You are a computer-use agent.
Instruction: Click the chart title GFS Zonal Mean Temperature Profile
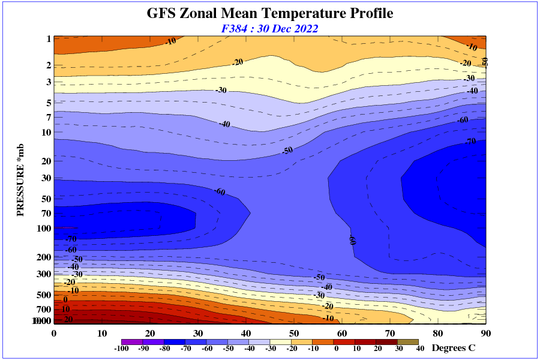(x=270, y=13)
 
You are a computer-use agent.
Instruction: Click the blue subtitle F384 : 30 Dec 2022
(x=270, y=28)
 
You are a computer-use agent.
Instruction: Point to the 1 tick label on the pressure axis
(x=48, y=39)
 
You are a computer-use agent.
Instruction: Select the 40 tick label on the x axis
(x=246, y=334)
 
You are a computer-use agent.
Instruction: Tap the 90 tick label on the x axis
(x=486, y=334)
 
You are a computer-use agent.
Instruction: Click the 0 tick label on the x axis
(x=54, y=334)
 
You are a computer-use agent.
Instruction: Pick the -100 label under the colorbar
(x=122, y=348)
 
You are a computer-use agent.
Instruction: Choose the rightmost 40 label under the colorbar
(x=420, y=348)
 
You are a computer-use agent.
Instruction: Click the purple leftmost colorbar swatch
(x=131, y=341)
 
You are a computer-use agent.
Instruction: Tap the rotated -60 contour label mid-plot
(x=353, y=240)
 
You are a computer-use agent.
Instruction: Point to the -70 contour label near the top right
(x=470, y=142)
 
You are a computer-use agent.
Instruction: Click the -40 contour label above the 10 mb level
(x=224, y=124)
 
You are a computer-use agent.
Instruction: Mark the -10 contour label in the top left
(x=170, y=41)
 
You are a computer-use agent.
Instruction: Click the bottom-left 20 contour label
(x=67, y=319)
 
